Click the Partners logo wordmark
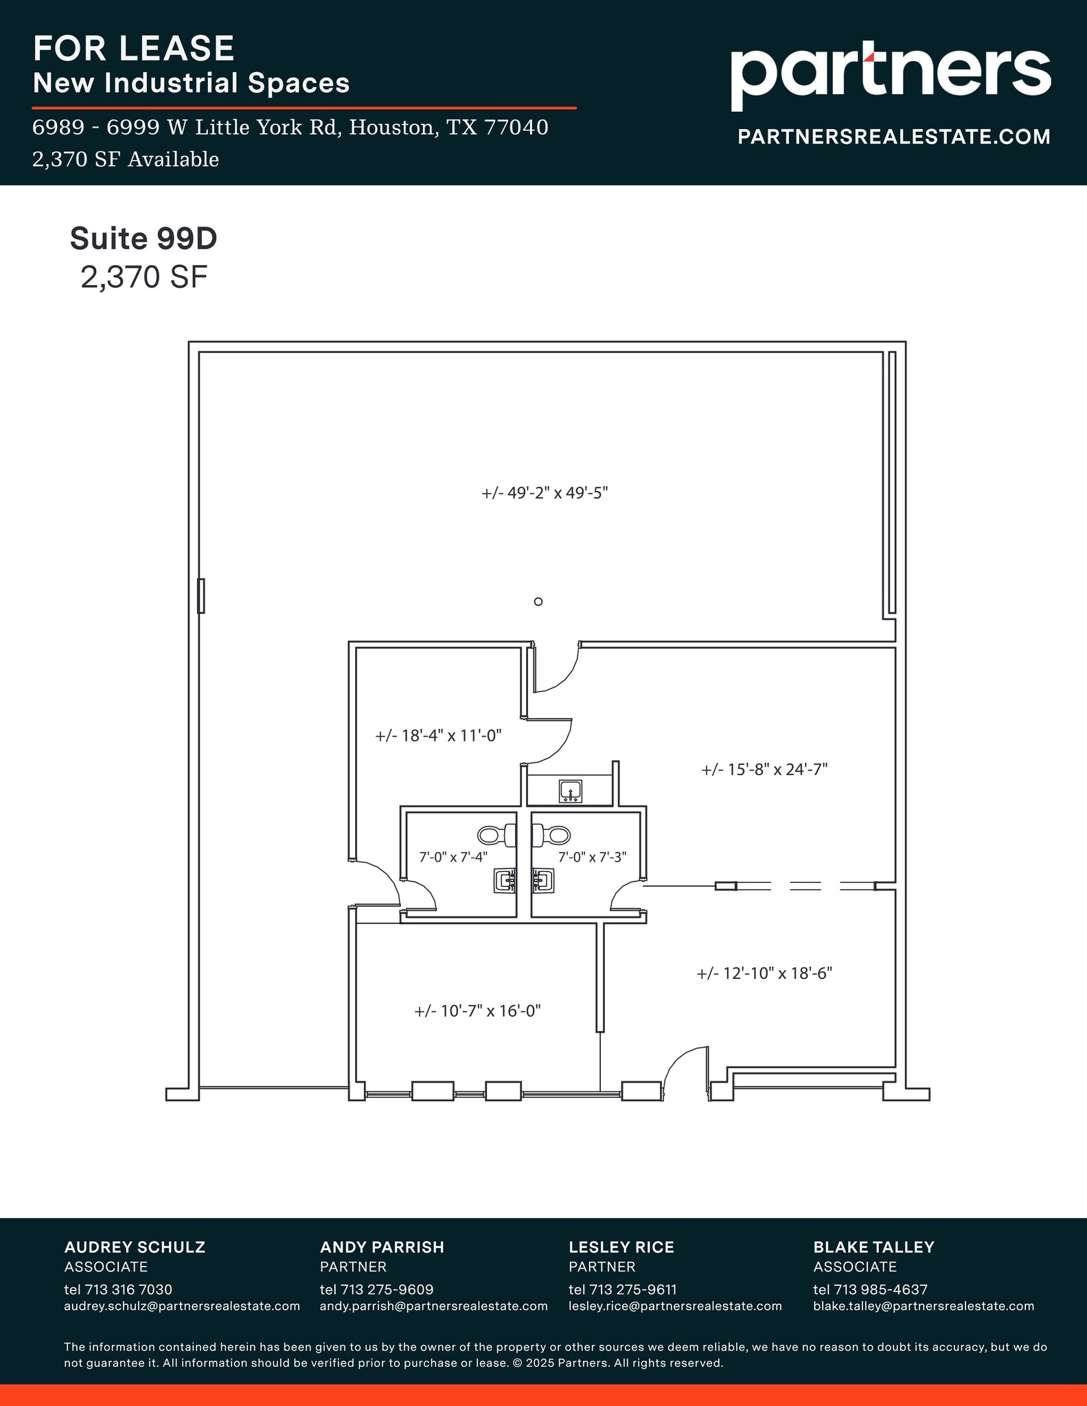(x=890, y=73)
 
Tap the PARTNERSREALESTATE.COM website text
(x=893, y=137)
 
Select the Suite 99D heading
(x=144, y=238)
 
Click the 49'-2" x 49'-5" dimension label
(x=545, y=493)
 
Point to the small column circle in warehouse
(x=538, y=601)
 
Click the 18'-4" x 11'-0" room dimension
(x=438, y=736)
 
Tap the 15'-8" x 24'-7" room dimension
(x=764, y=770)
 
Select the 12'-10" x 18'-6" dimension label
(x=764, y=973)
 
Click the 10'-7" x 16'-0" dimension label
(x=477, y=1011)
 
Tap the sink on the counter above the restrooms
(x=571, y=791)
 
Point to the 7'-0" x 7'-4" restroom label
(x=453, y=857)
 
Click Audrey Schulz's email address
(x=182, y=1306)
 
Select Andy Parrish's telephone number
(x=376, y=1289)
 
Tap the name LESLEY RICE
(x=621, y=1247)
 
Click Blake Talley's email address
(x=924, y=1306)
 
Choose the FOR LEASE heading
(x=134, y=48)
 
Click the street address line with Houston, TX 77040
(x=290, y=128)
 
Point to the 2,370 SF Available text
(x=126, y=159)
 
